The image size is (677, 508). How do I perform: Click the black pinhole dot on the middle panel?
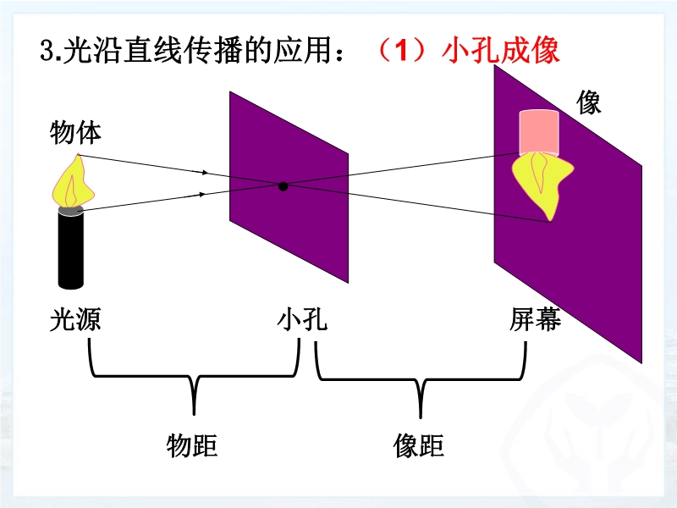(x=283, y=185)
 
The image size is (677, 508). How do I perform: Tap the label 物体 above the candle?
(x=76, y=133)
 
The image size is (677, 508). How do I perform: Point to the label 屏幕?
(x=535, y=320)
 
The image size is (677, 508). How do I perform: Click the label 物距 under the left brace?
(x=192, y=444)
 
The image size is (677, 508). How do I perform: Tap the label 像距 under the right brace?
(x=419, y=444)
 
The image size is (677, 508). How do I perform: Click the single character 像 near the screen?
(x=589, y=102)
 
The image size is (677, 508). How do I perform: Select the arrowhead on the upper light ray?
(x=203, y=172)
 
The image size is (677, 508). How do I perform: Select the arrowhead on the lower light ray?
(x=203, y=194)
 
